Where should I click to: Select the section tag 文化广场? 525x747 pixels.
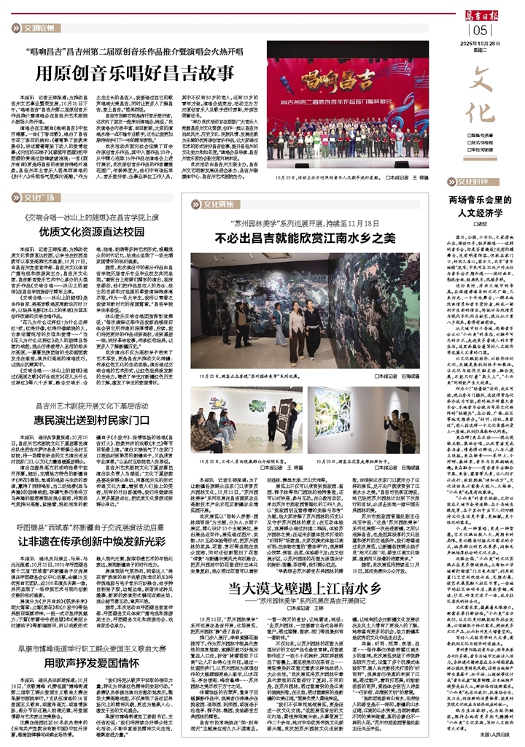pos(38,196)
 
